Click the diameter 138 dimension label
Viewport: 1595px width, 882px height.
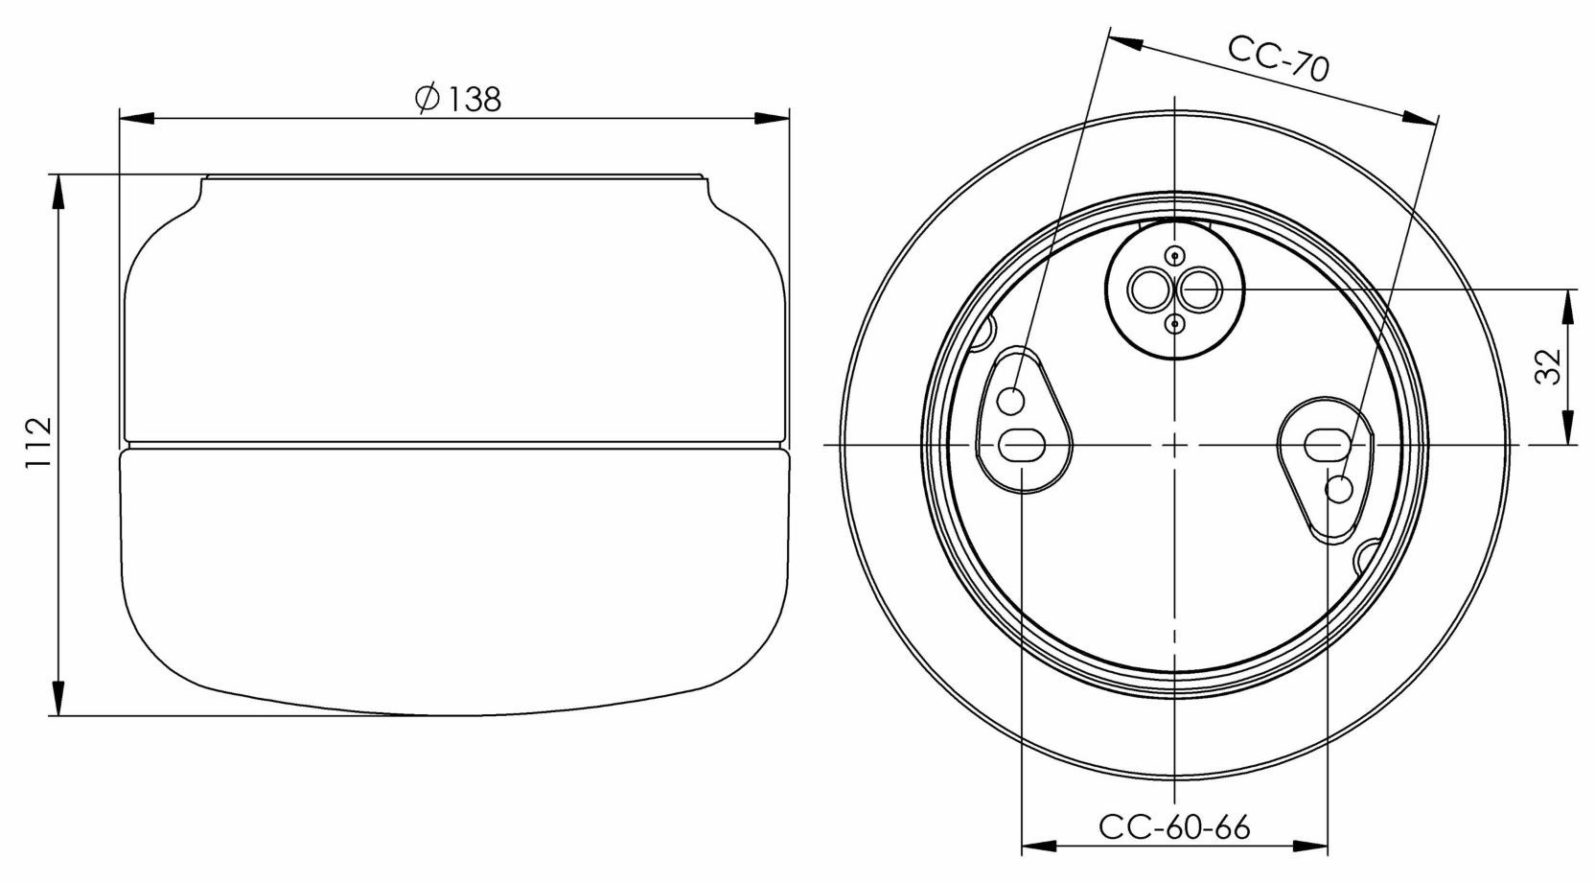click(458, 98)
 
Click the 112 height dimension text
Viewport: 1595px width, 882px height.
click(36, 443)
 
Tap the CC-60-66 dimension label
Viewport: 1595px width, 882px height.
click(1174, 826)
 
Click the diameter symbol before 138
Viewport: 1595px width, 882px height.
click(427, 98)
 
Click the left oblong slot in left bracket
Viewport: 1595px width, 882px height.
click(1022, 445)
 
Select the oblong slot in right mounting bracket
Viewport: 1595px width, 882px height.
click(1327, 444)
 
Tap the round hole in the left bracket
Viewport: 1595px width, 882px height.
click(1010, 400)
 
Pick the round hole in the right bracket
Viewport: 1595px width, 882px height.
click(1339, 490)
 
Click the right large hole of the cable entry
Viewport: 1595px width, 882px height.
click(1198, 289)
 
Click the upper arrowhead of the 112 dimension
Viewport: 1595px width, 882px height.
click(59, 192)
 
